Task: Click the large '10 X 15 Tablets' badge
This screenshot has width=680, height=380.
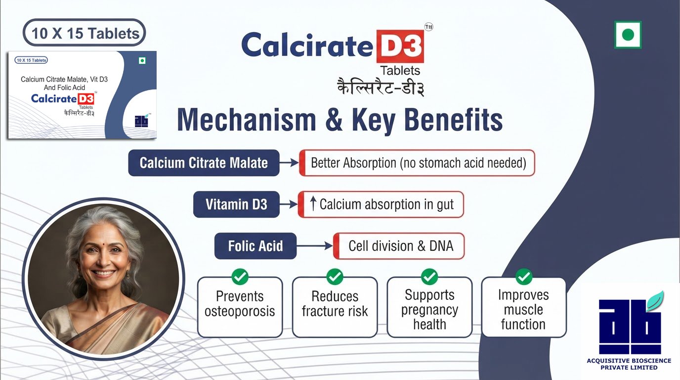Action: (84, 33)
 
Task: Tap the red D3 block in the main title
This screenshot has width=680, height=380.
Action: (400, 46)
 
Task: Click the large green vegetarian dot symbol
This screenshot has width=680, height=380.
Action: (628, 35)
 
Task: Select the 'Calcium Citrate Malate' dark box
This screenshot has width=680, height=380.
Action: (204, 163)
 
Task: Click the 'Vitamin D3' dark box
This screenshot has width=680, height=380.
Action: (236, 204)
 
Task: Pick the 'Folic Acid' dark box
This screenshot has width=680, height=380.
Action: (255, 246)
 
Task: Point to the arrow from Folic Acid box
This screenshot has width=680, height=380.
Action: (314, 245)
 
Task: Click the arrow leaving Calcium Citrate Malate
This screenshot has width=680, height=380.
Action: (289, 163)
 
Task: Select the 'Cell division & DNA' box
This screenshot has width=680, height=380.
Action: (399, 246)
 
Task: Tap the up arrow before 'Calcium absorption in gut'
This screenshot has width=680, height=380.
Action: (313, 204)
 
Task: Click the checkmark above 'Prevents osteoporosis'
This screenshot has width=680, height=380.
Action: (240, 276)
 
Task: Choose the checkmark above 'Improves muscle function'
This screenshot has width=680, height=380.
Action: (524, 276)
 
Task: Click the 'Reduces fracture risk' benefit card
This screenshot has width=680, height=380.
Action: (335, 307)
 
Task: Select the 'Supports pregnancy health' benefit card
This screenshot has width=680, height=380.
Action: (429, 307)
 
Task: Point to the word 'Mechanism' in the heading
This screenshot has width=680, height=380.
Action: (246, 119)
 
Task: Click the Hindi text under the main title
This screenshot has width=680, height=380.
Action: (381, 86)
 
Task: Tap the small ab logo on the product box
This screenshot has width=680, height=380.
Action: (141, 121)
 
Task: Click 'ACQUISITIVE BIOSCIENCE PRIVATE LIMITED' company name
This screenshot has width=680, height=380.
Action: (629, 364)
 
